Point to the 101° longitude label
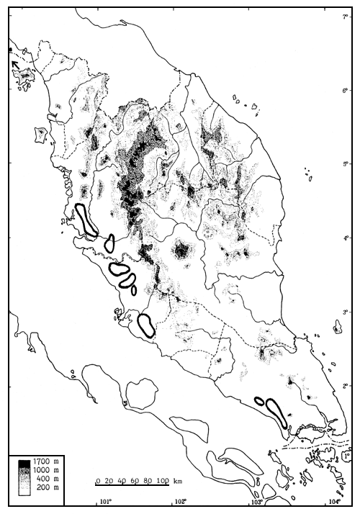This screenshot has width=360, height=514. click(105, 502)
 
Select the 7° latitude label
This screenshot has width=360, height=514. click(346, 16)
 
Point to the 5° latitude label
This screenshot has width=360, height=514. click(346, 163)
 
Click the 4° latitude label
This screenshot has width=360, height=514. click(346, 238)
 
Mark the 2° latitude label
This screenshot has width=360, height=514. click(346, 386)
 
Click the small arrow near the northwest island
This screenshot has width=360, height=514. click(15, 66)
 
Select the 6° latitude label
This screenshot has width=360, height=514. click(346, 90)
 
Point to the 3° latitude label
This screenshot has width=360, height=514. click(346, 312)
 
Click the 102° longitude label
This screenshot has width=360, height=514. click(181, 502)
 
